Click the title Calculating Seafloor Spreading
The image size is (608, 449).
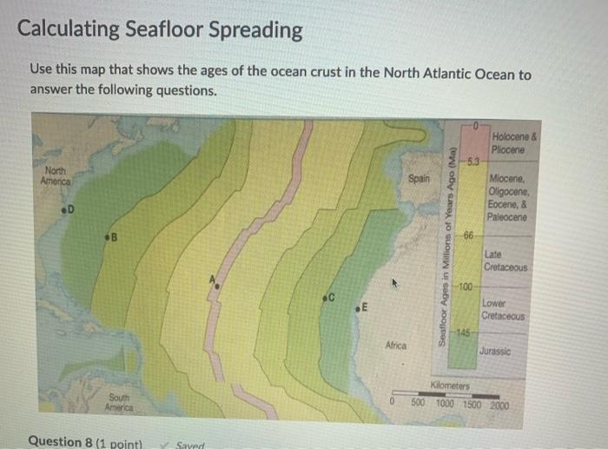tap(161, 30)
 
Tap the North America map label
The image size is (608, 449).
tap(55, 176)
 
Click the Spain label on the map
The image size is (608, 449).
tap(418, 178)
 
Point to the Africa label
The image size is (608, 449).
tap(396, 346)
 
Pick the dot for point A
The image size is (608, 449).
tap(217, 285)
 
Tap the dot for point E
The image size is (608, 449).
tap(358, 308)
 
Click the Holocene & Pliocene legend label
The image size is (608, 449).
tap(514, 142)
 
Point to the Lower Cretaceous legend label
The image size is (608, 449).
tap(504, 310)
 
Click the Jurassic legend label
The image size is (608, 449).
tap(495, 352)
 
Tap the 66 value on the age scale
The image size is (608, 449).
tap(467, 236)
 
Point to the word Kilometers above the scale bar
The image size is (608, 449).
tap(450, 384)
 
